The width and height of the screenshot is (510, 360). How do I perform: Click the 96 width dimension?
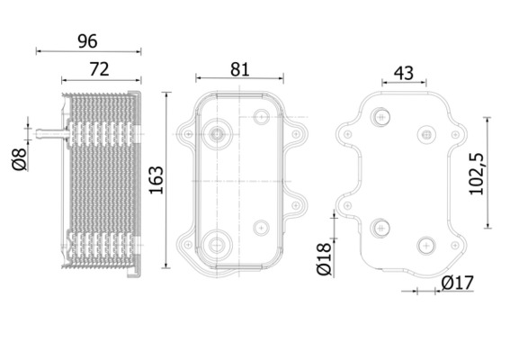coord(86,40)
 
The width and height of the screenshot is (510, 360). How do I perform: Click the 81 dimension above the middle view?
coord(238,67)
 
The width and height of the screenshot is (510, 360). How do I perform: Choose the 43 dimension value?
coord(404,73)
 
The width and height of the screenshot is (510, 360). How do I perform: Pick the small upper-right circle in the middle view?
coord(262,117)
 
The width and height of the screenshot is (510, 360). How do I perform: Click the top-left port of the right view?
coord(381,116)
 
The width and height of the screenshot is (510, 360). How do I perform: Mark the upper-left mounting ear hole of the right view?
coord(347,133)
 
